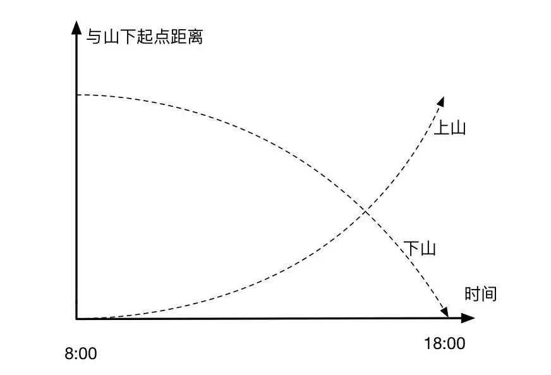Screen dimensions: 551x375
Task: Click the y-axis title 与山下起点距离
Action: pyautogui.click(x=145, y=37)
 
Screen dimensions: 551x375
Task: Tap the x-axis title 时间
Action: pyautogui.click(x=481, y=294)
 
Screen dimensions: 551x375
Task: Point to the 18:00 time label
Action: pyautogui.click(x=444, y=343)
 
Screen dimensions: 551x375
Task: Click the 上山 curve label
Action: pyautogui.click(x=450, y=128)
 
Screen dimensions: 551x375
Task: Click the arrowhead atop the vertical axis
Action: pyautogui.click(x=76, y=27)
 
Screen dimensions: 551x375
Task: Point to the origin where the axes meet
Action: pyautogui.click(x=76, y=319)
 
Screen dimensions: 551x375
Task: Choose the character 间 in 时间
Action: pyautogui.click(x=489, y=294)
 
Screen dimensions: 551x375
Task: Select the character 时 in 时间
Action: pyautogui.click(x=473, y=294)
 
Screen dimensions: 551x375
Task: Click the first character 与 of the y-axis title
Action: pyautogui.click(x=94, y=37)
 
